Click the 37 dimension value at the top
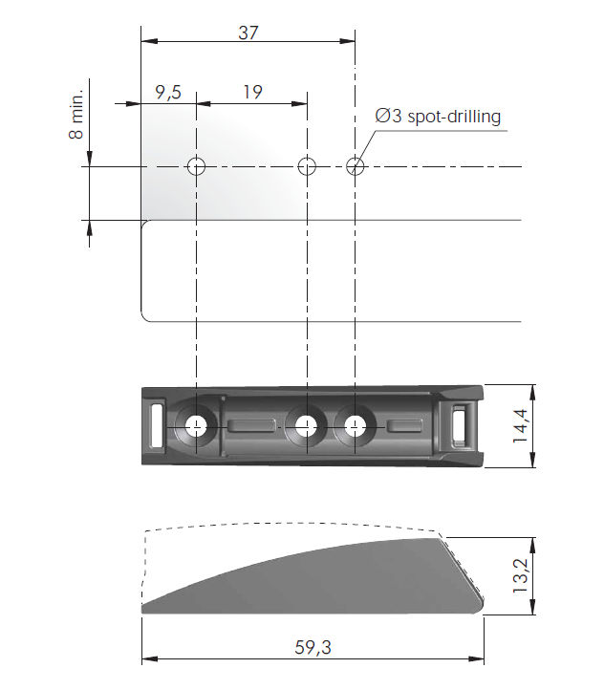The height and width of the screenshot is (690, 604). [248, 32]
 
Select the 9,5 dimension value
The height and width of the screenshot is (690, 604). [167, 93]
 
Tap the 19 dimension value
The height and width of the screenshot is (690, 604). [252, 93]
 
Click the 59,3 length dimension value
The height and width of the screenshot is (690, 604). [313, 647]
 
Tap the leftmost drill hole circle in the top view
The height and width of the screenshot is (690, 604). [196, 166]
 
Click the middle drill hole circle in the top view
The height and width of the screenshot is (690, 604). [307, 166]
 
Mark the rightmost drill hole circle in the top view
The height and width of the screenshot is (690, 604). [356, 166]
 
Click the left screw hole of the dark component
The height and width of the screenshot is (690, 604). [196, 425]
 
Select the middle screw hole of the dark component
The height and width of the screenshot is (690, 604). [306, 425]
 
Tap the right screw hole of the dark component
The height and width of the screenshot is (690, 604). [356, 425]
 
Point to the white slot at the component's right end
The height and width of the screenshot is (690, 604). [461, 424]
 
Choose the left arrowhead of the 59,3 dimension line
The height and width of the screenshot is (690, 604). [147, 658]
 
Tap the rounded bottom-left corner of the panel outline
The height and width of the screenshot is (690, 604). [145, 316]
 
